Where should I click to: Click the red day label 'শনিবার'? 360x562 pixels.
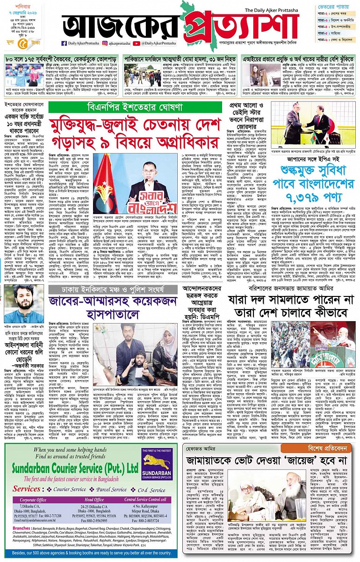coord(14,5)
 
